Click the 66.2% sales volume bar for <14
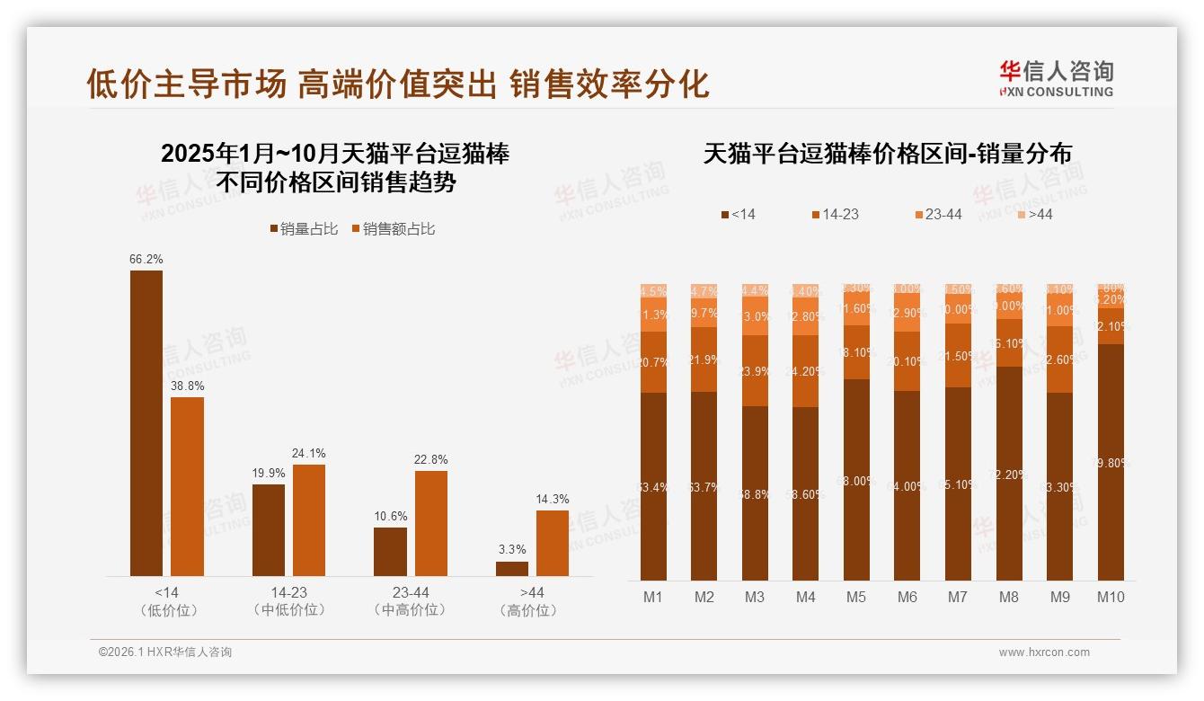146,422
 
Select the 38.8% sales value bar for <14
187,486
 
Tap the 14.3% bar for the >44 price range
552,543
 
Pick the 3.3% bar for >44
511,569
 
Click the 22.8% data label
430,460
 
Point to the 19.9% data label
268,474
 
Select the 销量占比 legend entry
304,229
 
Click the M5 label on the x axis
856,597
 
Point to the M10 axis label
1111,597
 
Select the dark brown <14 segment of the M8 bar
1009,473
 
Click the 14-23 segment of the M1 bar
653,362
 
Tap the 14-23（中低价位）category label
288,601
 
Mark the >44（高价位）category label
531,601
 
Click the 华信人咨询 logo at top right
1056,78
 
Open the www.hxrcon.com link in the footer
1044,652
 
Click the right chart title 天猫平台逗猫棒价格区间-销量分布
887,154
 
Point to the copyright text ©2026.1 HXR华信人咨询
165,652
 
